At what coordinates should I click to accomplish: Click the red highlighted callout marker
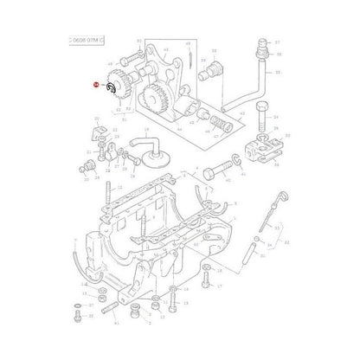[x=95, y=85]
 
